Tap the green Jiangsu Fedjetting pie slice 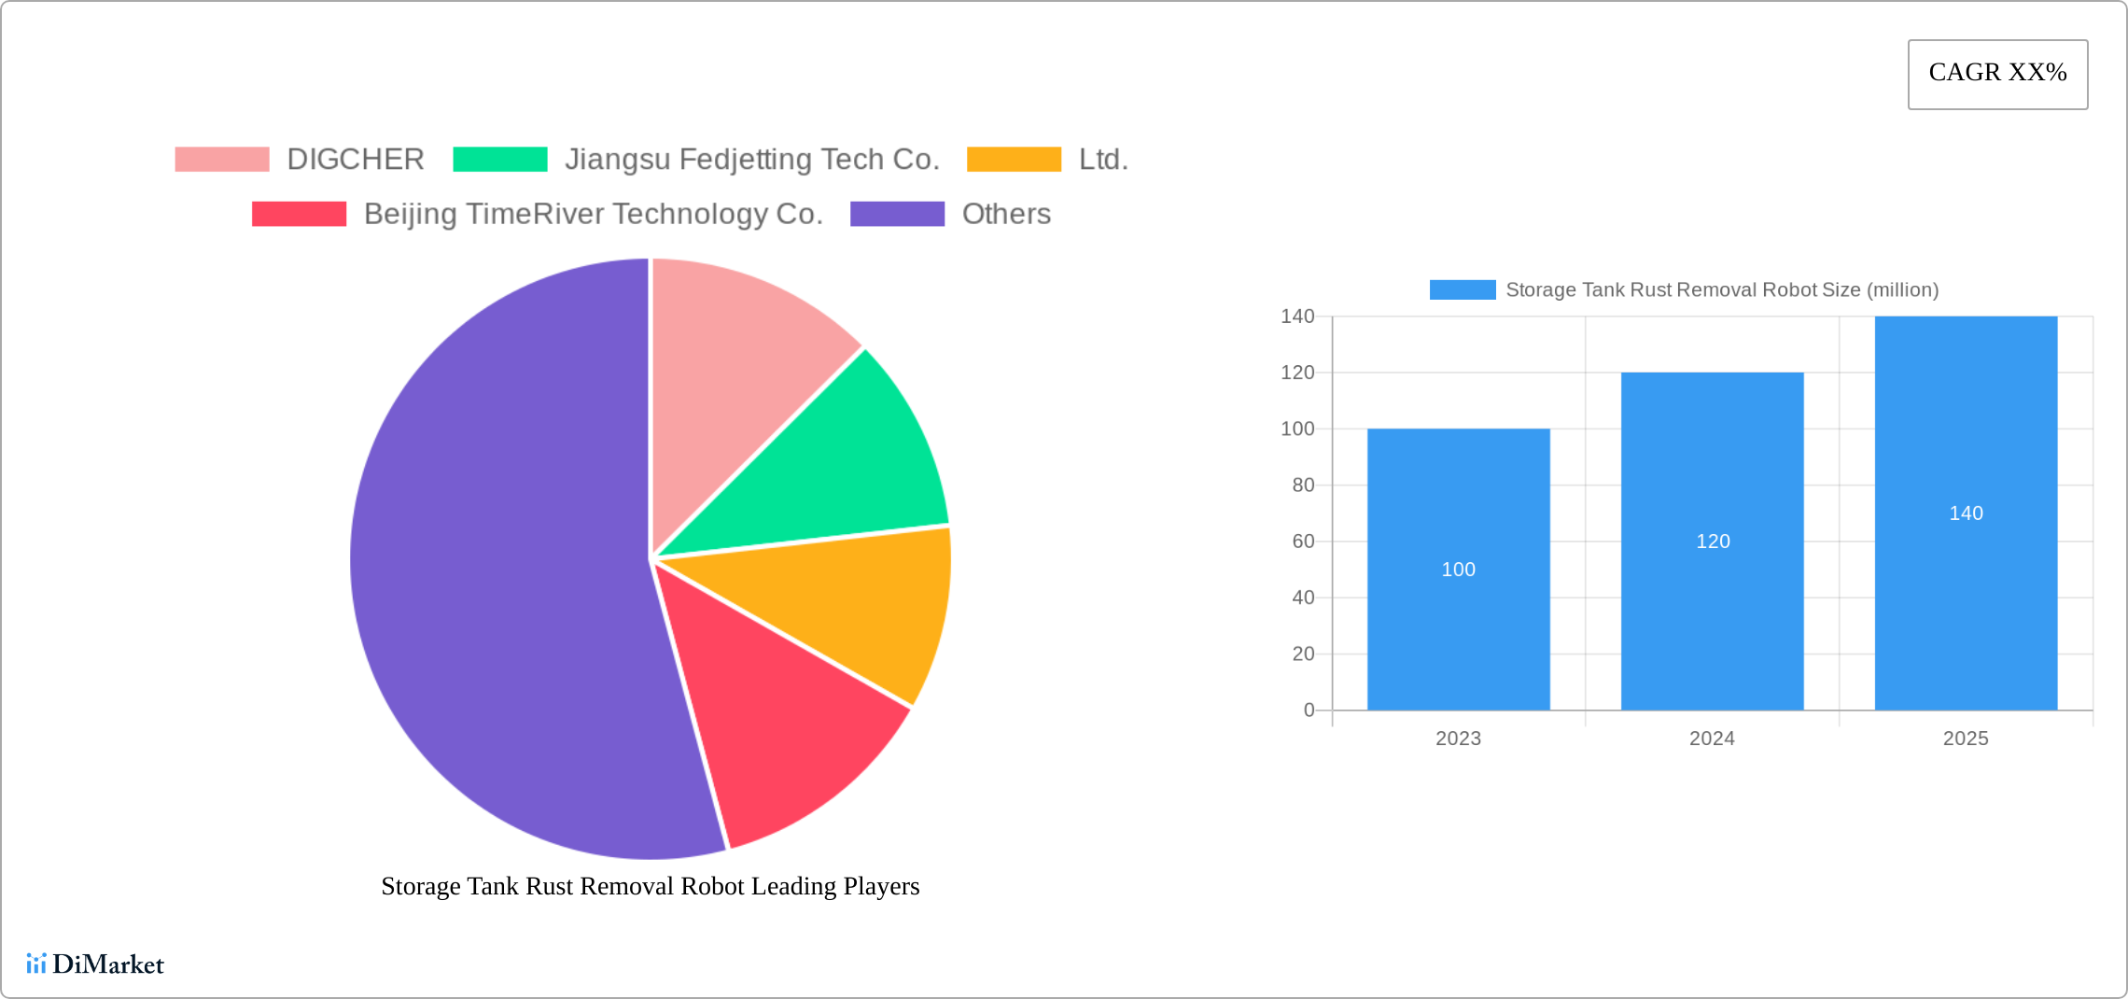(x=840, y=467)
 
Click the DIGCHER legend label (x=355, y=160)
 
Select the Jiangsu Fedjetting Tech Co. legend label (x=751, y=160)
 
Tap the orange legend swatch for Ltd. (x=1014, y=160)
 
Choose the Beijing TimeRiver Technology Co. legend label (x=594, y=214)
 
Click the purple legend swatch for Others (x=897, y=214)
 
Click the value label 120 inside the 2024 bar (x=1713, y=542)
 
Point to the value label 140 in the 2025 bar (x=1966, y=514)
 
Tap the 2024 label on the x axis (x=1712, y=739)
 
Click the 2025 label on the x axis (x=1966, y=739)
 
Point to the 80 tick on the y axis (x=1303, y=485)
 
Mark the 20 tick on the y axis (x=1303, y=654)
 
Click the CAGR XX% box (x=1997, y=74)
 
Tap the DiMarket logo (x=95, y=964)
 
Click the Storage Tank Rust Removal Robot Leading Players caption (x=651, y=886)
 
